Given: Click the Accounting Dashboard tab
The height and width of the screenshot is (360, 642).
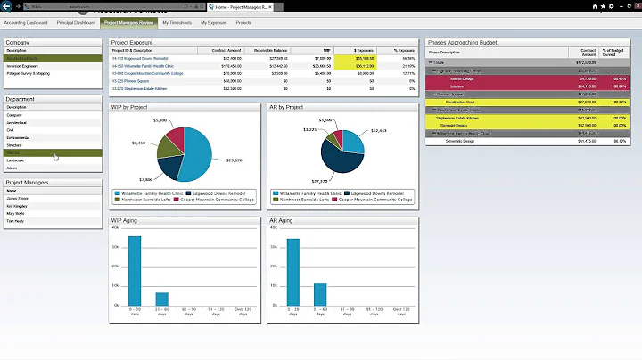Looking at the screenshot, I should click(26, 22).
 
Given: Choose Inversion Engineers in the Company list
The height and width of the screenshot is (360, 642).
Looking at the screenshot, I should click(21, 65).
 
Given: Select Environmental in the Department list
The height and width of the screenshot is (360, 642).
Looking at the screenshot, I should click(18, 137).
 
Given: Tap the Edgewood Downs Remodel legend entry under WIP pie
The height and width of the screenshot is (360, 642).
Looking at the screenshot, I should click(219, 192).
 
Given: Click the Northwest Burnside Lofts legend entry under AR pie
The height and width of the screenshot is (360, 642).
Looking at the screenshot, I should click(304, 199).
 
